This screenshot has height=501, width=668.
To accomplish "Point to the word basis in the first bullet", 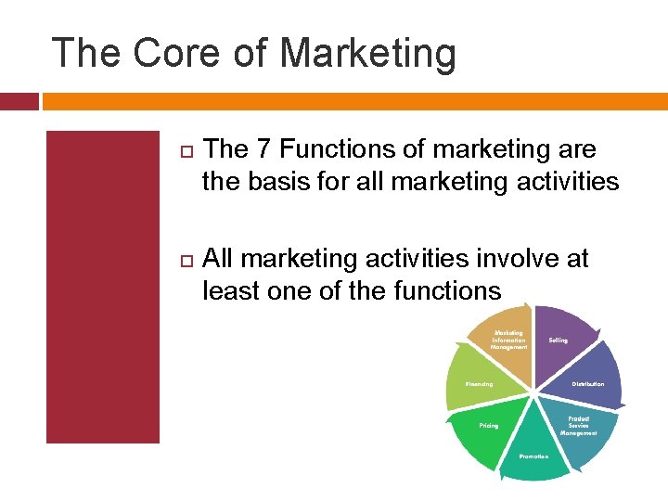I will pyautogui.click(x=282, y=181).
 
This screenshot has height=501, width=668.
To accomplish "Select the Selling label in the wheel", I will pyautogui.click(x=558, y=340).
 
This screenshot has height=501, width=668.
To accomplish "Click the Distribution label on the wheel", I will pyautogui.click(x=587, y=383).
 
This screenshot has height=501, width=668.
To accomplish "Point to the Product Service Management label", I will pyautogui.click(x=578, y=426).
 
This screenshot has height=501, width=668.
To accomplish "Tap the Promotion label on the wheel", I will pyautogui.click(x=533, y=456).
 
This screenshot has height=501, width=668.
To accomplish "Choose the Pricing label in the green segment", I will pyautogui.click(x=489, y=426).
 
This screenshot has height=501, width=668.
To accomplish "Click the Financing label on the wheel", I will pyautogui.click(x=479, y=383).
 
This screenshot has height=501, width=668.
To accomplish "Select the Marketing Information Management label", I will pyautogui.click(x=510, y=340).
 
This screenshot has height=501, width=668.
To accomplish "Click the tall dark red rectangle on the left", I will pyautogui.click(x=103, y=287).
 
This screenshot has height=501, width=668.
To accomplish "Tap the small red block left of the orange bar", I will pyautogui.click(x=19, y=101).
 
